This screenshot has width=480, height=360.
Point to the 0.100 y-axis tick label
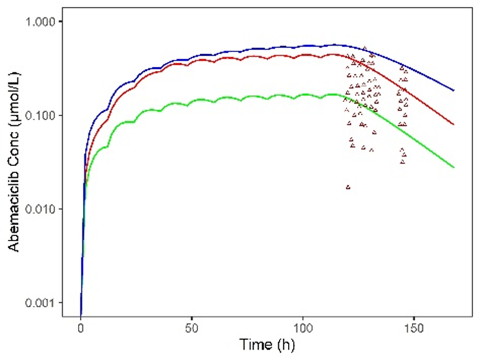click(x=43, y=115)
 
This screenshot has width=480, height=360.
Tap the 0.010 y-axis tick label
click(x=43, y=209)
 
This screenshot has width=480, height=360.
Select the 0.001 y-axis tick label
click(x=43, y=303)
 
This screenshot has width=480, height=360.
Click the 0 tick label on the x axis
click(x=81, y=327)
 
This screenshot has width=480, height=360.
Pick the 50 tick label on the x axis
click(x=191, y=327)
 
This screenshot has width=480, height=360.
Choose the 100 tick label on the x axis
click(x=303, y=327)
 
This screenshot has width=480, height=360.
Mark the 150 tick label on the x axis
click(x=414, y=327)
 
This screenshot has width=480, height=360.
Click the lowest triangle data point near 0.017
click(x=348, y=187)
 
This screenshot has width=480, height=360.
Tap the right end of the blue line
click(x=454, y=90)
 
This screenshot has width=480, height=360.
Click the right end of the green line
click(x=454, y=167)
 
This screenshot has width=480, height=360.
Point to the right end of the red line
click(x=454, y=124)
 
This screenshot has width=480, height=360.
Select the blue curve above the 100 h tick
click(x=303, y=46)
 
